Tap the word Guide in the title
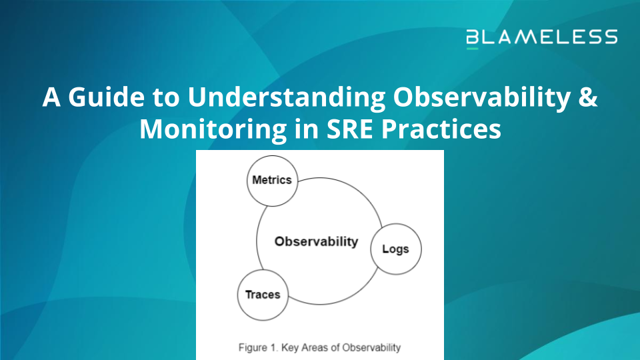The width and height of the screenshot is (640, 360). pos(106,97)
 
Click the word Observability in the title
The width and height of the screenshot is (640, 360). pos(482,98)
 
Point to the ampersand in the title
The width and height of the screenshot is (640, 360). pos(588,97)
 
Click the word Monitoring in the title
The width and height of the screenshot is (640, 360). pos(213,129)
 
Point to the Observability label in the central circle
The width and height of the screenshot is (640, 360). pos(316,241)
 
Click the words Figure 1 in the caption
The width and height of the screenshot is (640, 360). pos(258,348)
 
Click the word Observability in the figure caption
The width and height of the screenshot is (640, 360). pos(371,348)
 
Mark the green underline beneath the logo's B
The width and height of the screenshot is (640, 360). pos(472,49)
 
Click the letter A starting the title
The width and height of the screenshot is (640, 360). pos(51,97)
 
